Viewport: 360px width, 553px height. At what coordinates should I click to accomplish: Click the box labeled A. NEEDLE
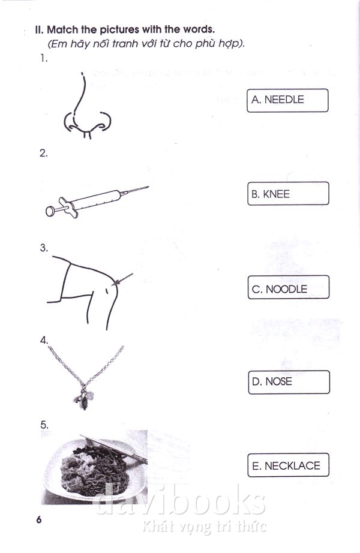[287, 101]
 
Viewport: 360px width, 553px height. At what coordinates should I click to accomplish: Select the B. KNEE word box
[288, 193]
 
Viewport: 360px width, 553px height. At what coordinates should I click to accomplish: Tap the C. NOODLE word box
[289, 287]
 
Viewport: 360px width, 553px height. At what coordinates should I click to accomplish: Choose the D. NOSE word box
[289, 382]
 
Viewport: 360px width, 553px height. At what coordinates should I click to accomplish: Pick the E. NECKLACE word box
[288, 465]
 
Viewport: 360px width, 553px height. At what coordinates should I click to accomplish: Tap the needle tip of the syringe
[149, 187]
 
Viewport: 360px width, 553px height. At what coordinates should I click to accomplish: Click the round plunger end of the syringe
[50, 211]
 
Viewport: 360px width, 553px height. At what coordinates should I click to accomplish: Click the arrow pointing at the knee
[122, 279]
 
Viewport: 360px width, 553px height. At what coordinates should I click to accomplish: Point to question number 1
[44, 59]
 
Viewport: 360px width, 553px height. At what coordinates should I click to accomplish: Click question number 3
[43, 248]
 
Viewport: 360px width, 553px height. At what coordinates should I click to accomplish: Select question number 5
[44, 425]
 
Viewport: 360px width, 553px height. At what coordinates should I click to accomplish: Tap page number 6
[39, 519]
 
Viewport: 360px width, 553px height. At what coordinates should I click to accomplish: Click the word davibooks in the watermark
[180, 500]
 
